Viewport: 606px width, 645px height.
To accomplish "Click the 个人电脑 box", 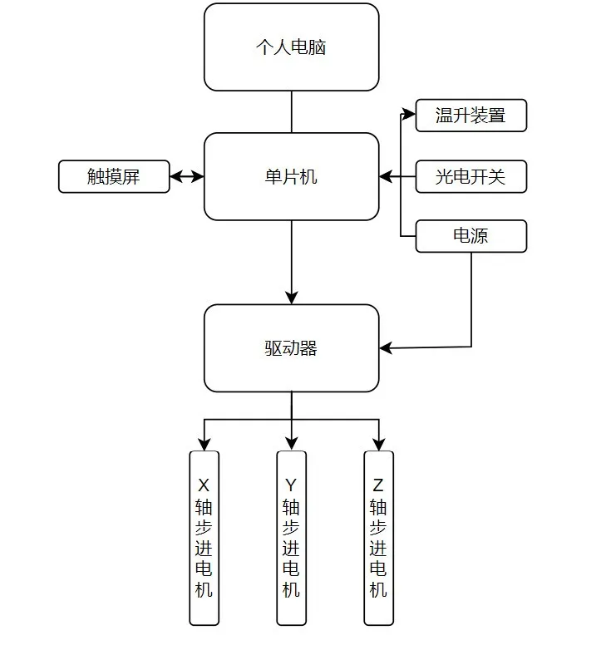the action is coord(291,47).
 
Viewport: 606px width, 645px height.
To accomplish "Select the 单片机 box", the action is coord(291,176).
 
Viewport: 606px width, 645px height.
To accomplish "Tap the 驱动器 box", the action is coord(291,348).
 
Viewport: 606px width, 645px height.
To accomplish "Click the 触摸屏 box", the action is coord(114,176).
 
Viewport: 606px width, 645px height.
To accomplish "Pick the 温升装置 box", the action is coord(471,116).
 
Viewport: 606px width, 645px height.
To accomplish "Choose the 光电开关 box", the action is coord(471,176).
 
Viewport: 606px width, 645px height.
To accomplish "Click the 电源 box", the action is coord(471,236).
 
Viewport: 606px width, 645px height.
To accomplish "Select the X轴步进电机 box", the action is coord(204,538).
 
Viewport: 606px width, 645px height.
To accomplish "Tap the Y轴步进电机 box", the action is coord(291,538).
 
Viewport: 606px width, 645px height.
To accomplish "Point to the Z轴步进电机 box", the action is coord(378,538).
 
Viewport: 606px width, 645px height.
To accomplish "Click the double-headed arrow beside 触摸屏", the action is coord(187,176).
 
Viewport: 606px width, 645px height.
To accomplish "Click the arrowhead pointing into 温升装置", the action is coord(409,114).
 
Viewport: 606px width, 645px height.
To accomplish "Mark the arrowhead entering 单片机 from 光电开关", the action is coord(386,177).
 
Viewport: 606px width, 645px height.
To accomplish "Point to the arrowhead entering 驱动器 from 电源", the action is coord(386,348).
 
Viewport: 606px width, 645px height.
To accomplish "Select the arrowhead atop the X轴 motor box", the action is coord(204,444).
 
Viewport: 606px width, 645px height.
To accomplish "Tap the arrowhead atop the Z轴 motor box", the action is coord(378,444).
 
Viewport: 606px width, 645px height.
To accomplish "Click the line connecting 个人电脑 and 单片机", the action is coord(292,112).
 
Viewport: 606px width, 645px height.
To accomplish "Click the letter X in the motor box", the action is coord(204,485).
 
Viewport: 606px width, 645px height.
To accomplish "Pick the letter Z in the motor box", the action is coord(378,485).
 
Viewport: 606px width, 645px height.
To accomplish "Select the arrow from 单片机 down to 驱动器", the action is coord(292,263).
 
